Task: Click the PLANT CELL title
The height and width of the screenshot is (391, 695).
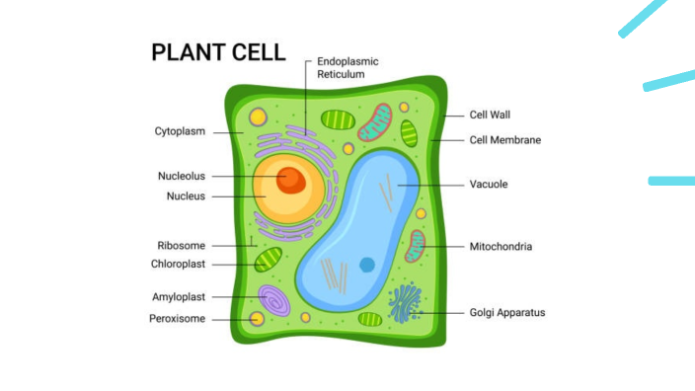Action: coord(218,52)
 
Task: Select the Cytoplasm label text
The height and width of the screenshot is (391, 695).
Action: coord(180,131)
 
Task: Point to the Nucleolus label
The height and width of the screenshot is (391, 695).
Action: coord(182,177)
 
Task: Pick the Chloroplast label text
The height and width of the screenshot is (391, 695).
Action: coord(178,265)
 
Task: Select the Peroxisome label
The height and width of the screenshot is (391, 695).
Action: coord(177,319)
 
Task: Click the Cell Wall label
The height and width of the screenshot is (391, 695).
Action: coord(490,116)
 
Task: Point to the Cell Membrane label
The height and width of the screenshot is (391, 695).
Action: coord(504,140)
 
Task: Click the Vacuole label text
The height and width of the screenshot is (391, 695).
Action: coord(489,185)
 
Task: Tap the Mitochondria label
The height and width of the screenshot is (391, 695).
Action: coord(501,247)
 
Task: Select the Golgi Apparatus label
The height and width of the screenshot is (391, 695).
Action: coord(506,313)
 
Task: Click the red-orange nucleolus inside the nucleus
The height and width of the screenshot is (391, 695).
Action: coord(289,179)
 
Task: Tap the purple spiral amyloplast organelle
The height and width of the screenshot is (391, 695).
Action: coord(273,299)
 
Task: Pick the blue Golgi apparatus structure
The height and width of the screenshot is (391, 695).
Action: coord(405,303)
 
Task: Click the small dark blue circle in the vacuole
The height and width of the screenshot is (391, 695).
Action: coord(367,264)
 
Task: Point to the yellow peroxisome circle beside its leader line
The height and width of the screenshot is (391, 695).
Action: coord(257,318)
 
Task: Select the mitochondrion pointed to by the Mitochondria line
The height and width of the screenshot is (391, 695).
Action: coord(415,246)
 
